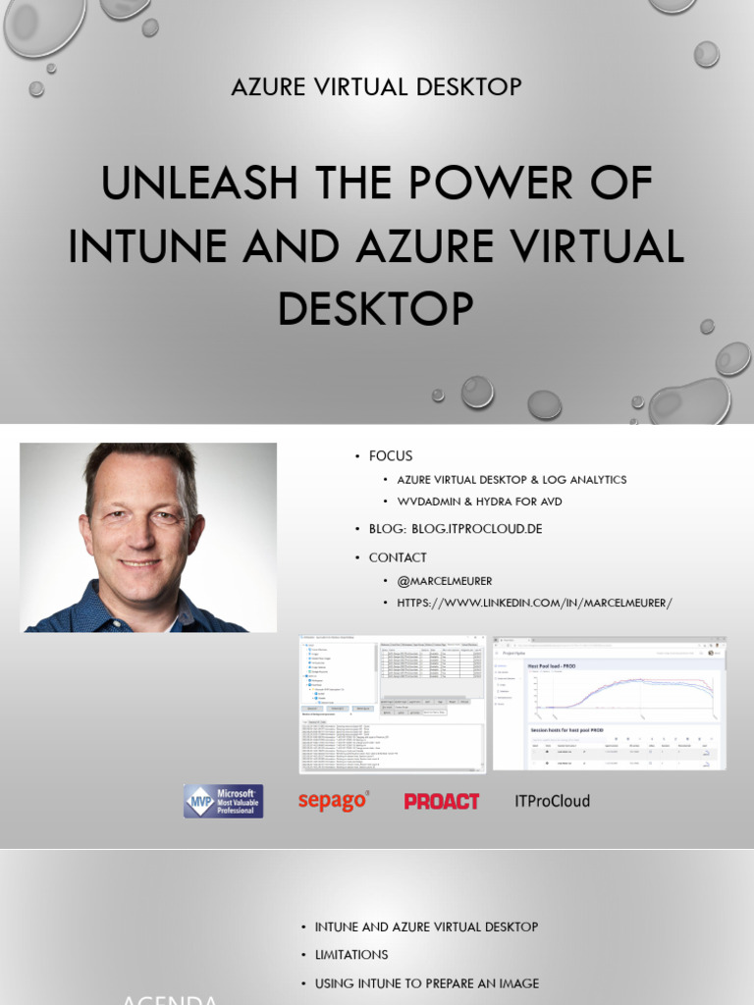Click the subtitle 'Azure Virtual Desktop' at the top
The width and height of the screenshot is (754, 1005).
tap(376, 87)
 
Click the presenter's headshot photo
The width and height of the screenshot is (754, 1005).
tap(148, 537)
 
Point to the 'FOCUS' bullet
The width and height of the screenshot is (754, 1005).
tap(390, 455)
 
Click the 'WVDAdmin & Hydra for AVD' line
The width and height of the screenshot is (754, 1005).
tap(479, 502)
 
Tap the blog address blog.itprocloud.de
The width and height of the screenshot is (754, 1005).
tap(456, 529)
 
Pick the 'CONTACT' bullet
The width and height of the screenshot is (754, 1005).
tap(398, 557)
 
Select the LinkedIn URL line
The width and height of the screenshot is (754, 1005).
tap(534, 603)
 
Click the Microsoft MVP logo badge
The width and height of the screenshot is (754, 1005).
tap(223, 801)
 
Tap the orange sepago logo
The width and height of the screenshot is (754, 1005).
tap(334, 801)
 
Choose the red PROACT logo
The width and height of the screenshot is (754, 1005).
tap(442, 801)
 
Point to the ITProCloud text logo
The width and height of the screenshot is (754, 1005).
tap(552, 801)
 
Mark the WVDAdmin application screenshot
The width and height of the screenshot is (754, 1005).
tap(393, 705)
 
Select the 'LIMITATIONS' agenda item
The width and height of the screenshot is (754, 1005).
tap(351, 955)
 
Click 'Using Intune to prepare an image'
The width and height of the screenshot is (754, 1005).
tap(426, 983)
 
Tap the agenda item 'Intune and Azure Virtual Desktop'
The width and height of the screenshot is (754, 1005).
tap(426, 927)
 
